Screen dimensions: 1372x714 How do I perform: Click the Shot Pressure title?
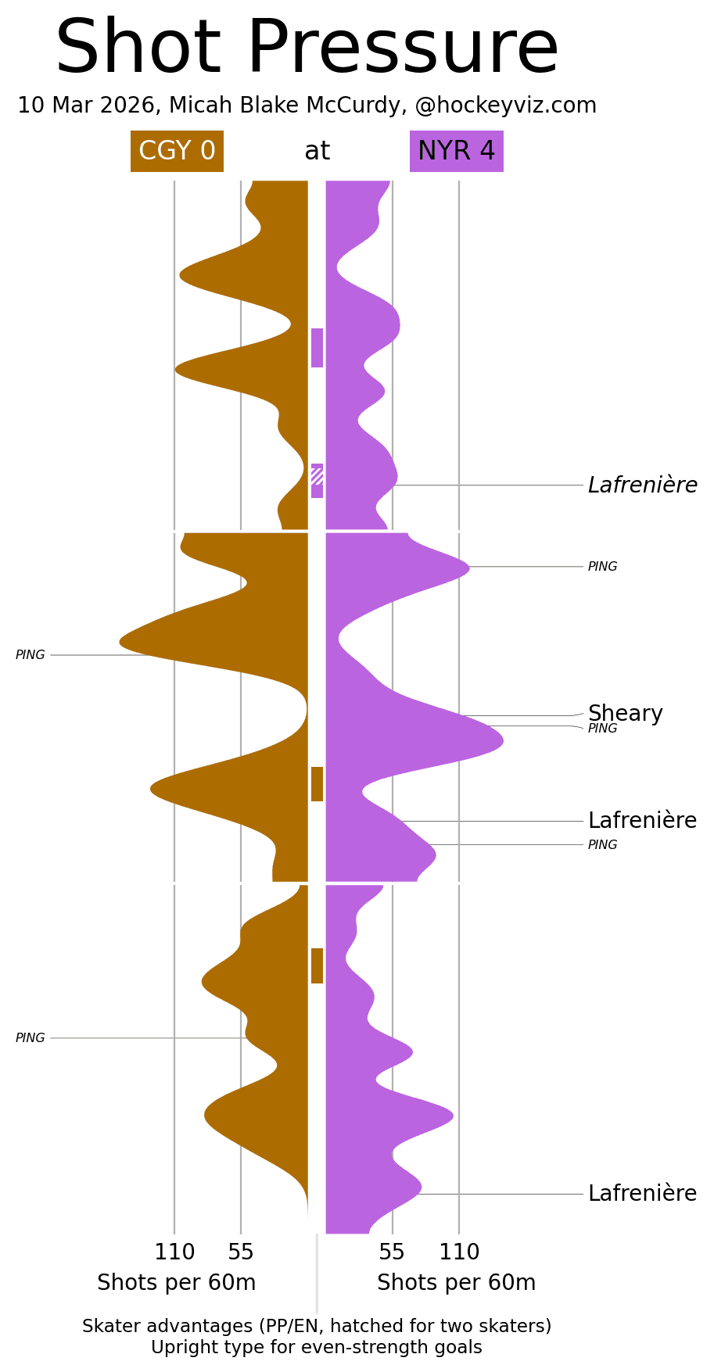(307, 48)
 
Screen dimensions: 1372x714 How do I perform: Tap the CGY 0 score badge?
(177, 151)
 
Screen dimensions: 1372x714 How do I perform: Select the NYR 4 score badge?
(456, 151)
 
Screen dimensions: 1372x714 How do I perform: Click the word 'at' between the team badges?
(317, 151)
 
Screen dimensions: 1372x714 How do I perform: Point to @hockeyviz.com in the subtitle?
(505, 106)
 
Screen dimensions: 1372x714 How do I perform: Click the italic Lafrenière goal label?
(642, 485)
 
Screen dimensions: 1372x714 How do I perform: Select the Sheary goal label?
(625, 713)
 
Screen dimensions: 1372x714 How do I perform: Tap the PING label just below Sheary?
(602, 729)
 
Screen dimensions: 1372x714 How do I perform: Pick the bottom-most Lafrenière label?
(642, 1194)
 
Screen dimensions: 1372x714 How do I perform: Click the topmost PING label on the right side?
(602, 567)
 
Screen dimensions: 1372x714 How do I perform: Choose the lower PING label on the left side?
(30, 1038)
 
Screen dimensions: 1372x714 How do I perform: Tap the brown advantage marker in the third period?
(317, 965)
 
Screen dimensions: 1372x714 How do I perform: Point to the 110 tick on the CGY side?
(174, 1252)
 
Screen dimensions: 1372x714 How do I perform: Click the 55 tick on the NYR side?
(392, 1252)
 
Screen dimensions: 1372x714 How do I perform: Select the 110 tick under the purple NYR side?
(459, 1252)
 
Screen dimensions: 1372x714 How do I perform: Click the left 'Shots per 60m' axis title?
(177, 1283)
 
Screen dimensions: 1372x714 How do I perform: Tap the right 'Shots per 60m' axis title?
(456, 1283)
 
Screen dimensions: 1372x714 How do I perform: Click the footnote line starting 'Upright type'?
(317, 1348)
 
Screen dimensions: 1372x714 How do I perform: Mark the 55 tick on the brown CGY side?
(241, 1252)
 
